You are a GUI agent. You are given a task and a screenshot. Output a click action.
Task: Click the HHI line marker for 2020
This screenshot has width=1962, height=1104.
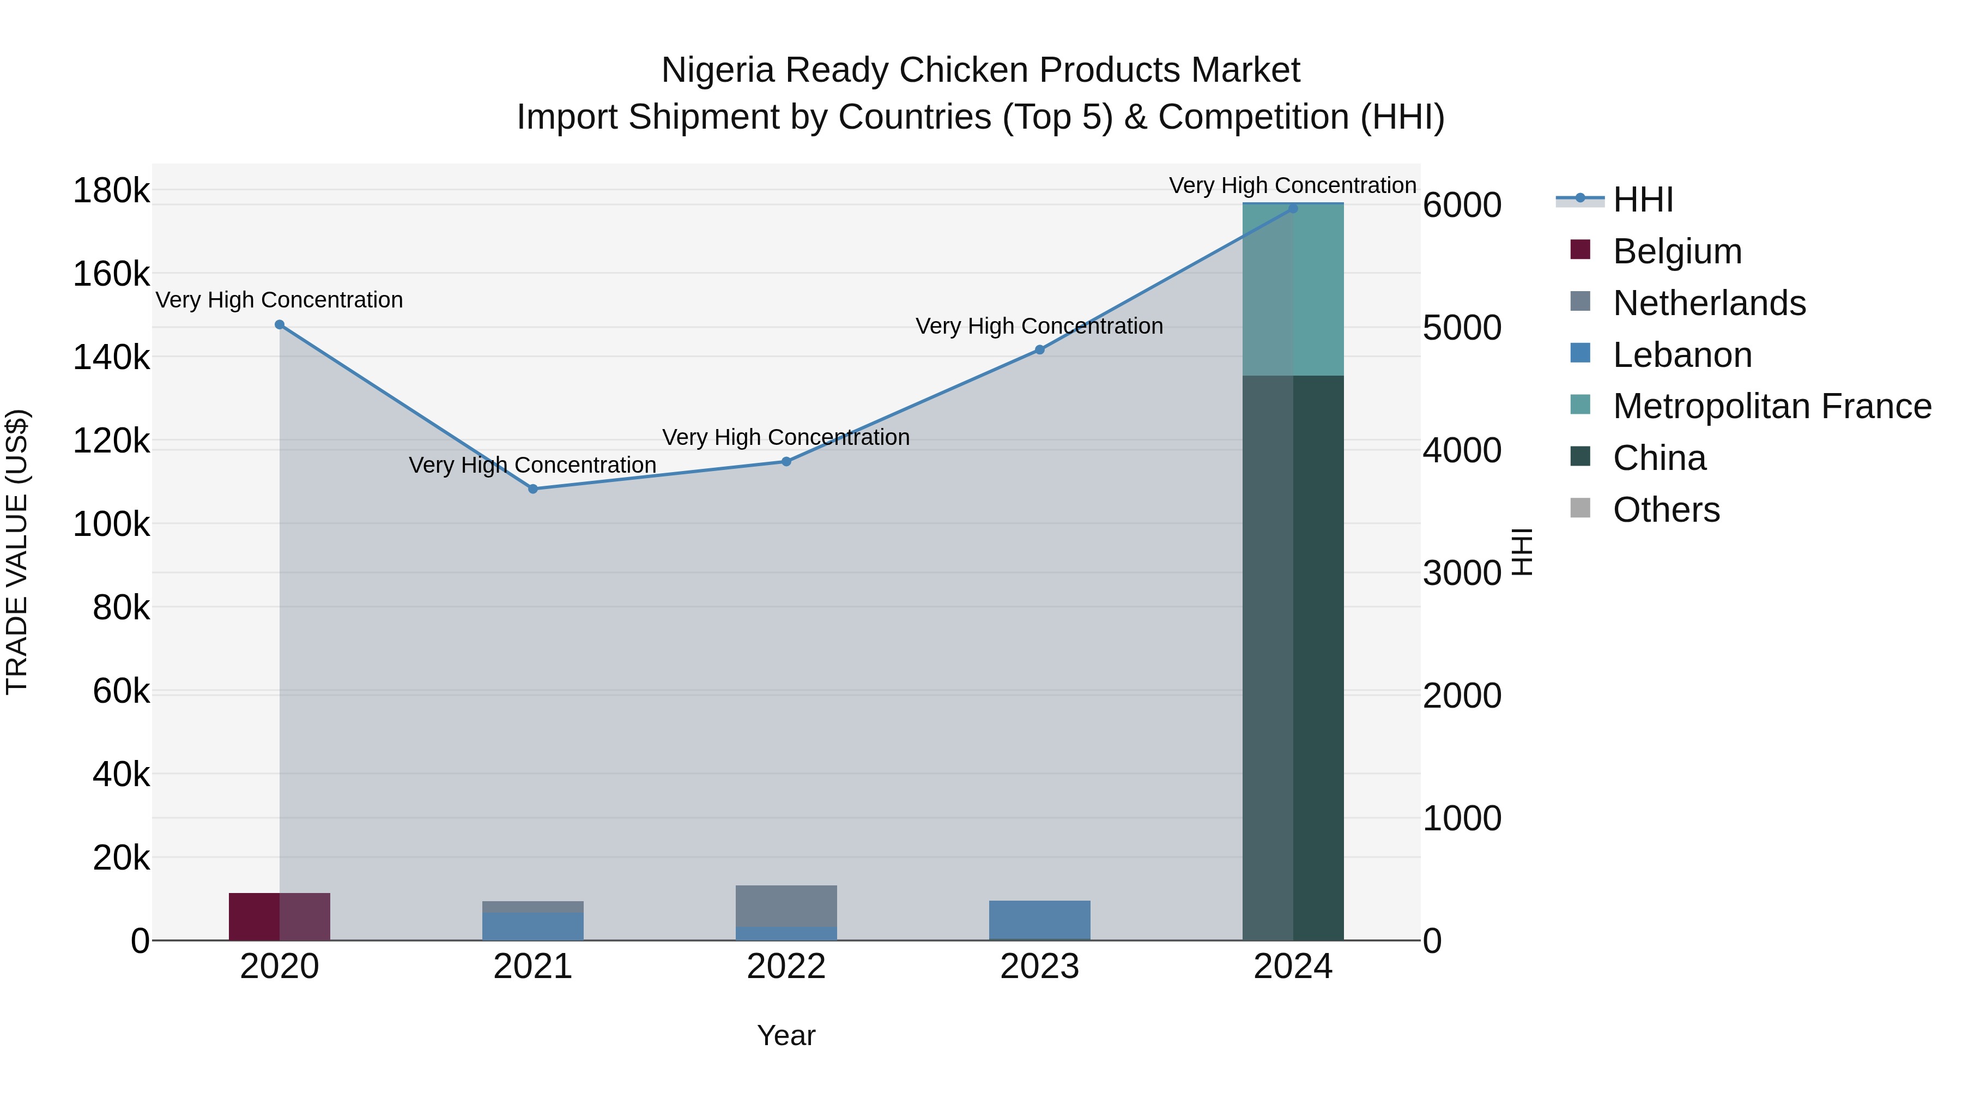(x=280, y=324)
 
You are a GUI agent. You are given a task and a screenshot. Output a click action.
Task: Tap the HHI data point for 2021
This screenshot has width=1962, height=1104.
(x=533, y=489)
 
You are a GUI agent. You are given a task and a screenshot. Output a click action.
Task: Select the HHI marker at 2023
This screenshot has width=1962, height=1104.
(x=1040, y=349)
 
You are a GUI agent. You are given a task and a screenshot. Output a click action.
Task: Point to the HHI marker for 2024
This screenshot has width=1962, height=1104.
(x=1293, y=208)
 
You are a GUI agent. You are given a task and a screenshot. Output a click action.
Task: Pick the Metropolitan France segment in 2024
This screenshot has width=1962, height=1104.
(x=1293, y=290)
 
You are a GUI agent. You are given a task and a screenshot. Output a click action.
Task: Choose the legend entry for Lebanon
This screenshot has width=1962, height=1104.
(x=1682, y=355)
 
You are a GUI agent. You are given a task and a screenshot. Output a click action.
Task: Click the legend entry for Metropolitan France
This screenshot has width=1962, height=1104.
(x=1772, y=407)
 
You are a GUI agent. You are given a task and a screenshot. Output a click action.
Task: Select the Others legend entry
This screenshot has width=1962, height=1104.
(x=1666, y=510)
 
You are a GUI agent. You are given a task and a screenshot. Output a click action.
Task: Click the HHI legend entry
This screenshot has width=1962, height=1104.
(x=1642, y=200)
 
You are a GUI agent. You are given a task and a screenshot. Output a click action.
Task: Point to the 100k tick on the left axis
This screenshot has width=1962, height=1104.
(x=111, y=524)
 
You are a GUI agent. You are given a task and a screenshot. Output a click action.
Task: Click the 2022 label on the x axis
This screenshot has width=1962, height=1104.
(x=786, y=967)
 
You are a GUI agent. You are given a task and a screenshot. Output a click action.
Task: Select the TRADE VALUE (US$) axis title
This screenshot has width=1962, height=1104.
(x=17, y=552)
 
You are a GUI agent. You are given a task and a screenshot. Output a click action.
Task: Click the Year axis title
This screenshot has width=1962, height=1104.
(x=786, y=1035)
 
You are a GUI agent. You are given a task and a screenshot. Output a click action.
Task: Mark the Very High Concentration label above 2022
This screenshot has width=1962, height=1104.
(x=786, y=437)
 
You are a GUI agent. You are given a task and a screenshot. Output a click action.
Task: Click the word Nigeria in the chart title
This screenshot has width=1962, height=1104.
(x=717, y=70)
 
